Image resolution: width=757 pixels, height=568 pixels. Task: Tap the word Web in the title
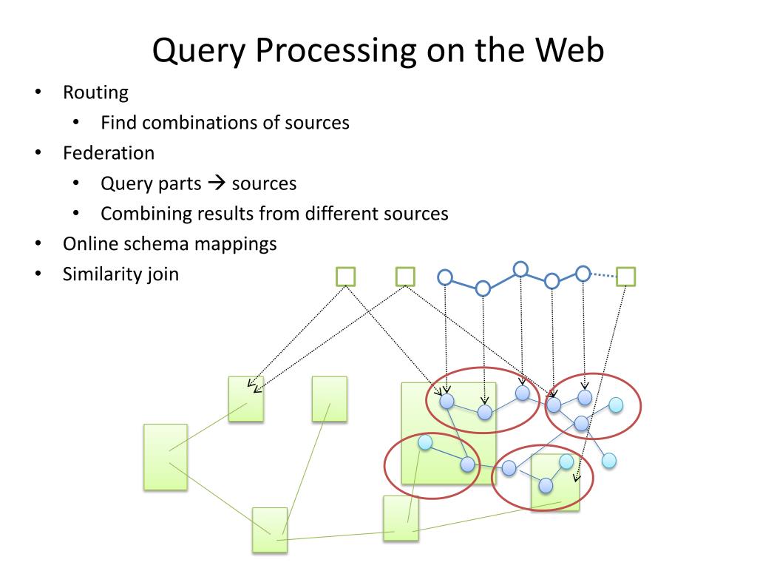[x=570, y=50]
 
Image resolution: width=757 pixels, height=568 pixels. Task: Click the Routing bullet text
[x=95, y=93]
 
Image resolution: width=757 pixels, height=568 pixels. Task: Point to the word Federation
[x=109, y=153]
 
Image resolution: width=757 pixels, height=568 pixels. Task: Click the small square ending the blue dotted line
[x=626, y=277]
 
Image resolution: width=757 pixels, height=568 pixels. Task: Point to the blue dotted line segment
[x=603, y=276]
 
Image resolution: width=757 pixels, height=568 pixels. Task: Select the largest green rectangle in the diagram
[x=448, y=433]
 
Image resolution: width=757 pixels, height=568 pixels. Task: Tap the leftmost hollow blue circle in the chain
[x=445, y=277]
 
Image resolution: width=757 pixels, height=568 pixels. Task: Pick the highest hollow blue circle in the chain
[x=520, y=268]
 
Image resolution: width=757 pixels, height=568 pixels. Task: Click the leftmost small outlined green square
[x=345, y=277]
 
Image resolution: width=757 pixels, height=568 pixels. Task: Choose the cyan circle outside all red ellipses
[x=608, y=460]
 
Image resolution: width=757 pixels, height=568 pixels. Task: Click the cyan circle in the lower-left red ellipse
[x=425, y=442]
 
